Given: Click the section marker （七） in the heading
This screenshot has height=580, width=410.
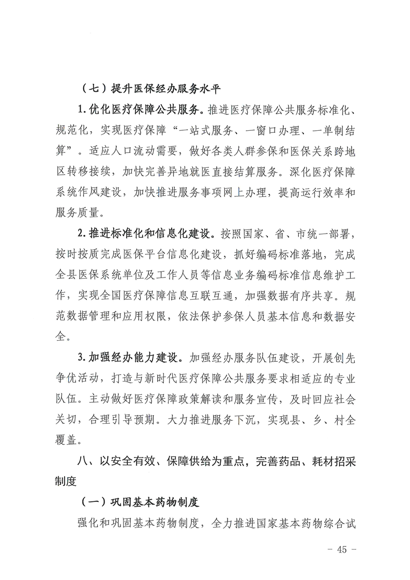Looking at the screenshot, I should pyautogui.click(x=94, y=88).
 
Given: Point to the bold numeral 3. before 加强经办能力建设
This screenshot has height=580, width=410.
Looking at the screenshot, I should pyautogui.click(x=82, y=357).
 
